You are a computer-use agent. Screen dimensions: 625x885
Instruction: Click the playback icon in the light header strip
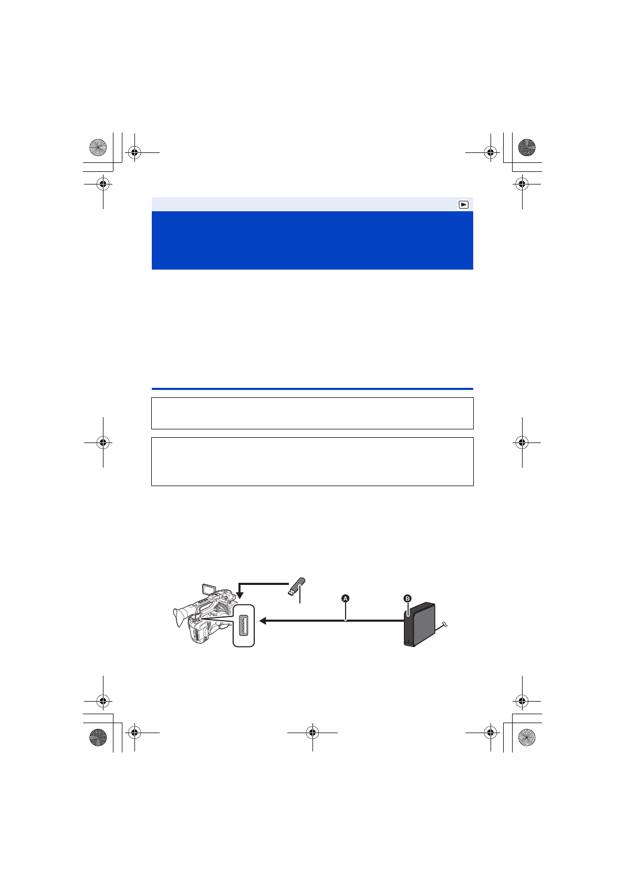(463, 204)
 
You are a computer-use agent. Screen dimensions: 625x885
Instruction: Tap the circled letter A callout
(345, 599)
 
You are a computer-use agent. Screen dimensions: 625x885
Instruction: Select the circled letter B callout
(408, 599)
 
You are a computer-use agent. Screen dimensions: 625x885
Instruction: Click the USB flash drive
(297, 586)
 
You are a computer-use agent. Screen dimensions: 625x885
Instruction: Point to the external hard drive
(419, 624)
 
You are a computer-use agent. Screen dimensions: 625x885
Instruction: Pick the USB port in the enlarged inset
(243, 625)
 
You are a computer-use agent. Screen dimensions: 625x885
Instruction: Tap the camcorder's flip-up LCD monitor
(209, 589)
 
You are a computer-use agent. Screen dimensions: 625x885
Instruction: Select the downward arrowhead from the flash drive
(239, 595)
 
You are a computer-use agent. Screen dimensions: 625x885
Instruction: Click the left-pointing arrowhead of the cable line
(263, 621)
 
